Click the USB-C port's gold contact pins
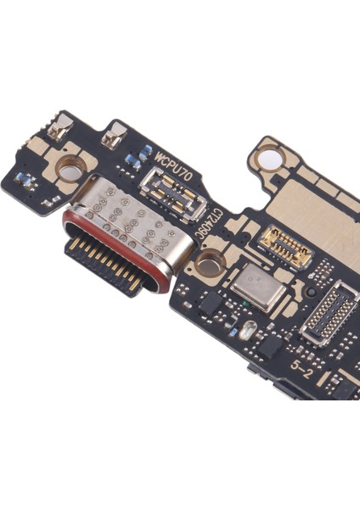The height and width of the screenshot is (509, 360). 103,257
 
